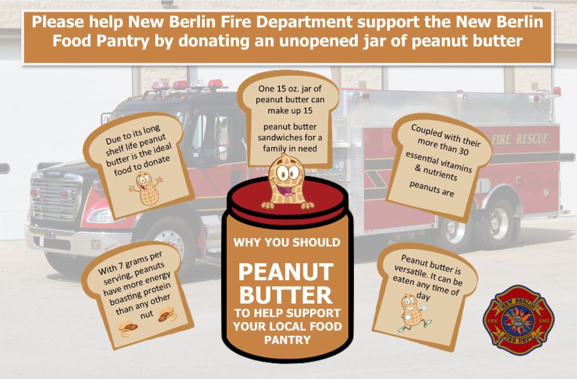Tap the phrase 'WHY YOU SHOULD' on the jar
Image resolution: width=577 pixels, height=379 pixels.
[x=287, y=242]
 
